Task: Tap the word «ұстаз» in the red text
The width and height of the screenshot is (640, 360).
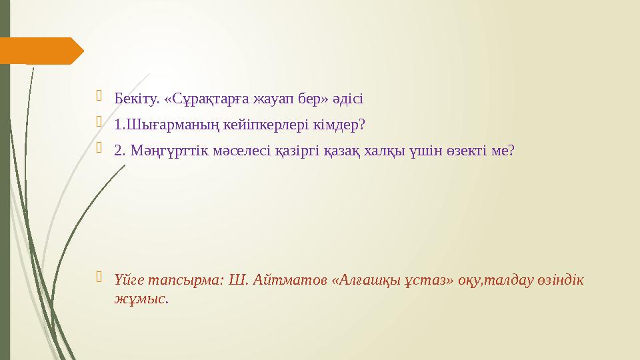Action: [422, 280]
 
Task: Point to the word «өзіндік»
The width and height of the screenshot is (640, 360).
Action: [561, 280]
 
